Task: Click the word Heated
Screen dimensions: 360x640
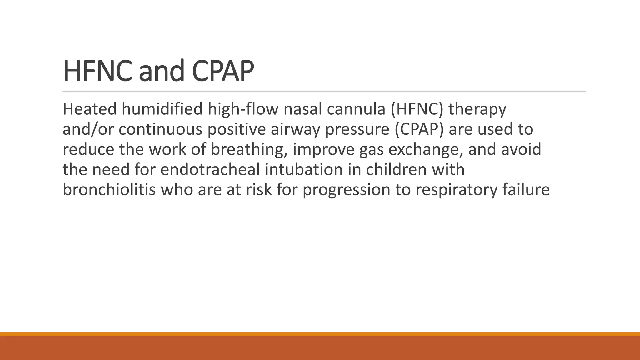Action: point(90,109)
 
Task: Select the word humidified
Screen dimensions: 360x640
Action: point(162,109)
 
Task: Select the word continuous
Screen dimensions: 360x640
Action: point(160,129)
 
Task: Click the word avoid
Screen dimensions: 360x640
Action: point(521,149)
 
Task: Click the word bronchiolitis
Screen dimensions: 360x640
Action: point(109,189)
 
